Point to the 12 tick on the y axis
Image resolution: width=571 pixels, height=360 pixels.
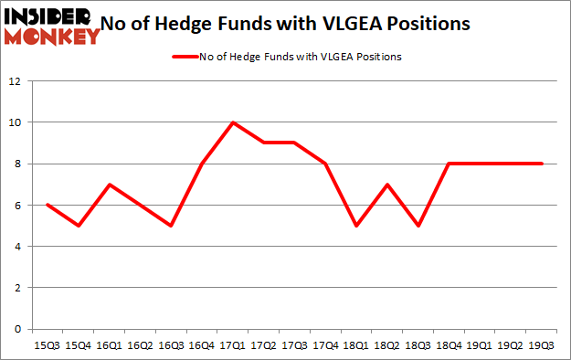[x=16, y=81]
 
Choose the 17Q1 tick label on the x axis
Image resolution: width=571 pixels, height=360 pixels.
[x=233, y=345]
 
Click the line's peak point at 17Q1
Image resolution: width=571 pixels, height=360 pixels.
[x=233, y=122]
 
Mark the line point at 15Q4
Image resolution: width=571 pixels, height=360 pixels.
[x=79, y=226]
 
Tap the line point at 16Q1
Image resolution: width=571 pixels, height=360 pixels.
[x=110, y=185]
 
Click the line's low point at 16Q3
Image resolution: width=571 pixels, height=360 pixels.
[x=171, y=226]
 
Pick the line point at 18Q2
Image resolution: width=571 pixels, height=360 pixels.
[x=388, y=185]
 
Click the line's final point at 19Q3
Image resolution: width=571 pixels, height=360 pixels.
[x=543, y=164]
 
